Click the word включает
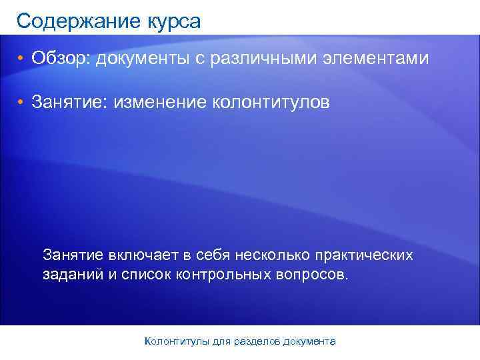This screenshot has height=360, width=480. [142, 255]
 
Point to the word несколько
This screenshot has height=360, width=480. [257, 255]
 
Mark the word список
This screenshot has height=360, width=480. [147, 275]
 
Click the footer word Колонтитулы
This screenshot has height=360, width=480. [177, 341]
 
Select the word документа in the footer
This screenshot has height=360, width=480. [309, 341]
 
